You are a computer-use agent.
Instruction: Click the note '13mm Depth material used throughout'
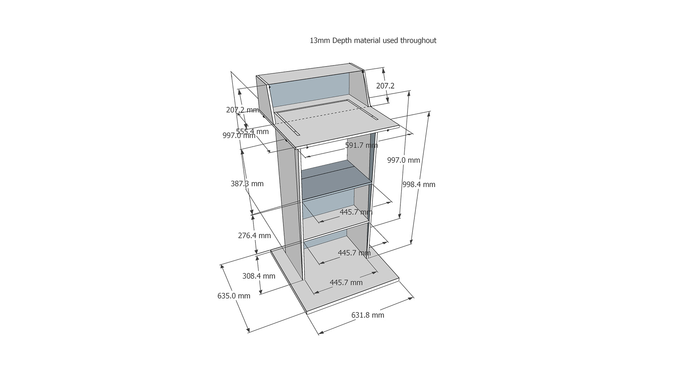(373, 40)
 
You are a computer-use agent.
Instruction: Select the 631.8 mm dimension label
(367, 315)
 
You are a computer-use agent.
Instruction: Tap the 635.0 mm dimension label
(234, 296)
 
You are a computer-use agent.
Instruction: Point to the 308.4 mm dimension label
(259, 276)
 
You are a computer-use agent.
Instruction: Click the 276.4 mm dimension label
(254, 235)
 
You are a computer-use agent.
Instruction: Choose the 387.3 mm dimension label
(247, 183)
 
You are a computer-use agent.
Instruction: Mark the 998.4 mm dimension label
(419, 184)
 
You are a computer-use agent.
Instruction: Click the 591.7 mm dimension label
(361, 145)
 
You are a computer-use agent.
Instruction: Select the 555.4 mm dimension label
(252, 131)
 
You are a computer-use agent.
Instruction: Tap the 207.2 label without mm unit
(385, 86)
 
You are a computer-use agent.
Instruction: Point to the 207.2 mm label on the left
(242, 110)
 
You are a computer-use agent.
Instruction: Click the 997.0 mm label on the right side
(404, 160)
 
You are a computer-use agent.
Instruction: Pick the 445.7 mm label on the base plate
(346, 282)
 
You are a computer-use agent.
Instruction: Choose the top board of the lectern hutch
(311, 74)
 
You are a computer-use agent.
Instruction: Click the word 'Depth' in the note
(342, 41)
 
